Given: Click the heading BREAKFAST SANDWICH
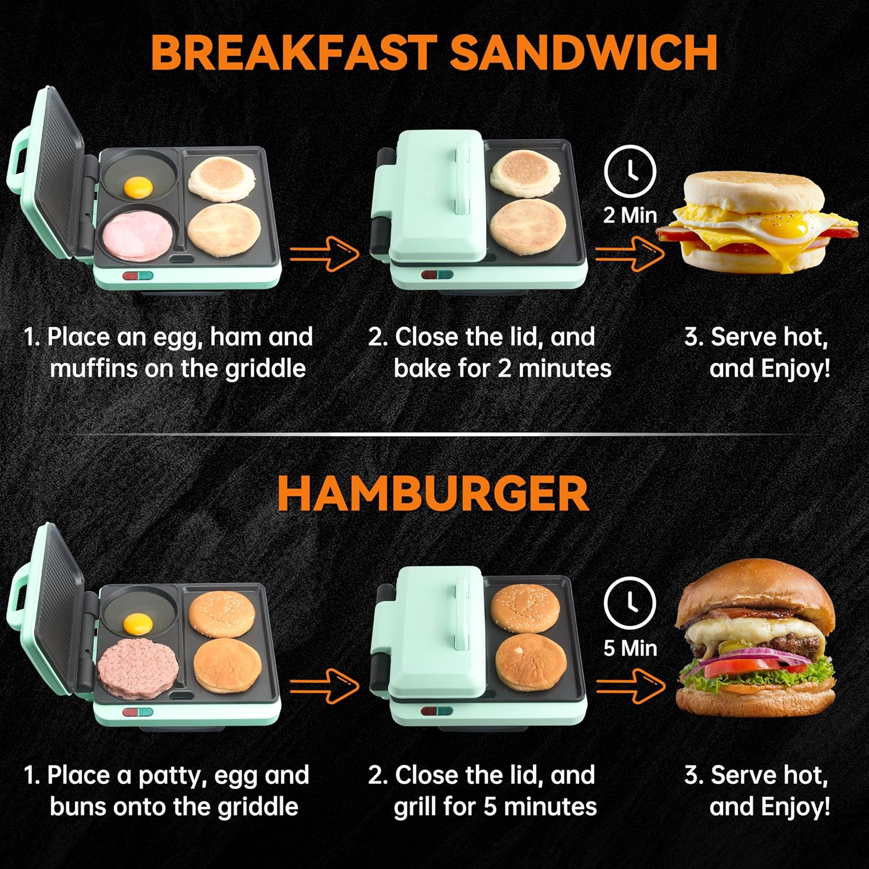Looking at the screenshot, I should click(434, 52).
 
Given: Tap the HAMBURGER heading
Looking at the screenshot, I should click(433, 494).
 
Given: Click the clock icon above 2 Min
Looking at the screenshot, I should click(630, 171).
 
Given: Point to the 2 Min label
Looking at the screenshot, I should click(630, 216).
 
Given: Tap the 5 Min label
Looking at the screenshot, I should click(630, 648).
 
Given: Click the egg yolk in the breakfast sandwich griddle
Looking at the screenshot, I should click(138, 187).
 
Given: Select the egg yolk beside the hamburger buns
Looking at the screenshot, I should click(138, 624).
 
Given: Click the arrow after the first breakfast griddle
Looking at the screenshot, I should click(324, 253).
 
